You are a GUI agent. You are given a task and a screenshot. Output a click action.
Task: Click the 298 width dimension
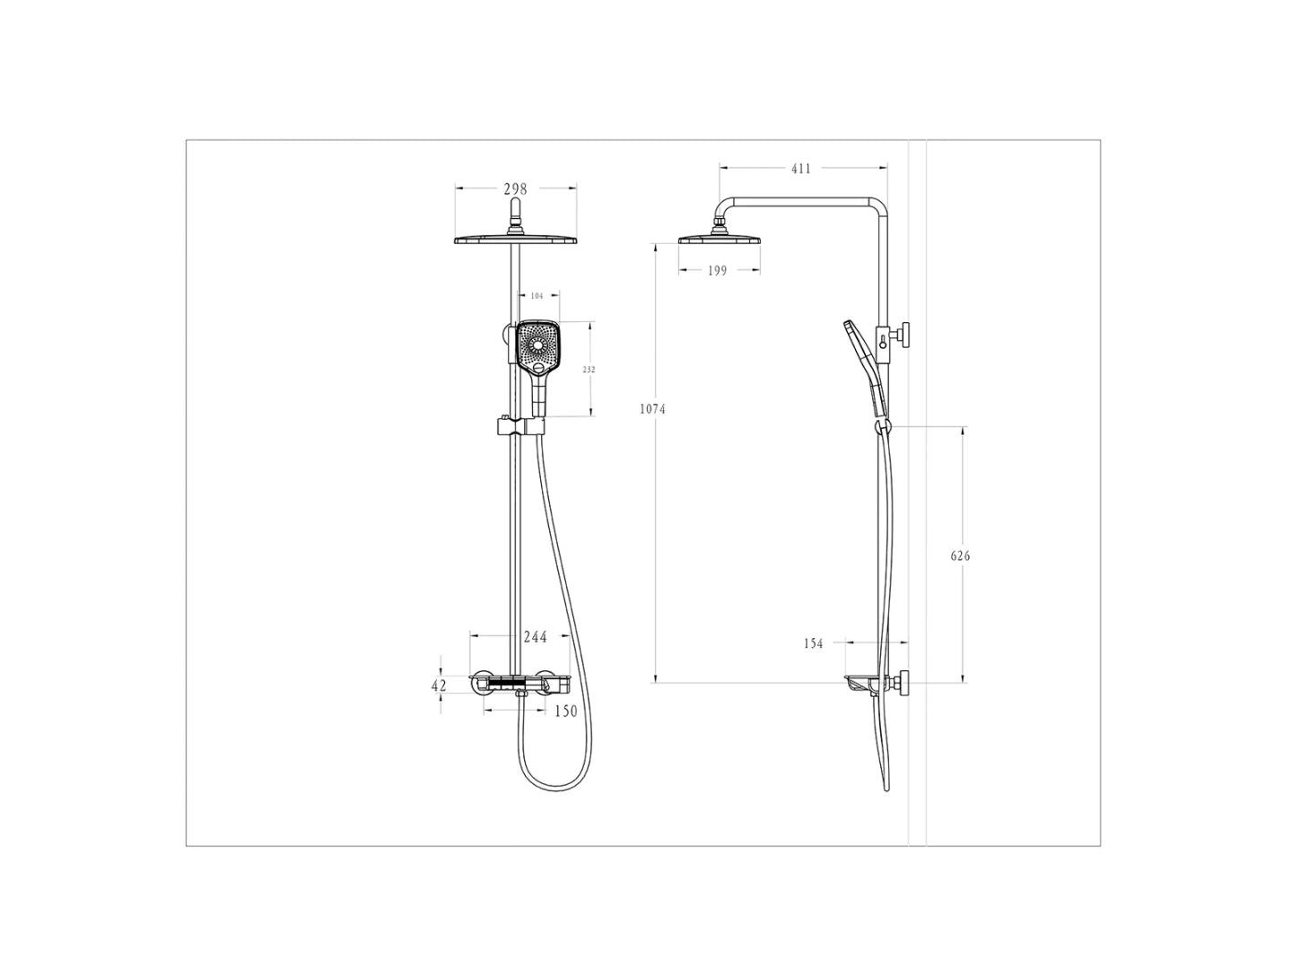click(515, 188)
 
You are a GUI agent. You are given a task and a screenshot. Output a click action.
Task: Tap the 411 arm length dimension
click(800, 169)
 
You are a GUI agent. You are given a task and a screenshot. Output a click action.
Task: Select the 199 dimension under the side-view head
click(717, 271)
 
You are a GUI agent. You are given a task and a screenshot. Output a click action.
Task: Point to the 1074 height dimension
click(652, 409)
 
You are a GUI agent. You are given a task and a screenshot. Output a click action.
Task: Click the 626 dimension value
click(960, 555)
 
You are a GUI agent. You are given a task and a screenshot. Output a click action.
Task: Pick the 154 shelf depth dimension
click(813, 643)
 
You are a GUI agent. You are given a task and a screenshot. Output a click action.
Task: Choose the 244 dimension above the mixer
click(535, 637)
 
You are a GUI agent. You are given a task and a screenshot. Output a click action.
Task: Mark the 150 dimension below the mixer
click(565, 711)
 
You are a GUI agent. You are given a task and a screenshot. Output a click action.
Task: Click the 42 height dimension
click(439, 685)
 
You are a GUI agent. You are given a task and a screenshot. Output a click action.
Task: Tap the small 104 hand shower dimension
click(537, 296)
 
